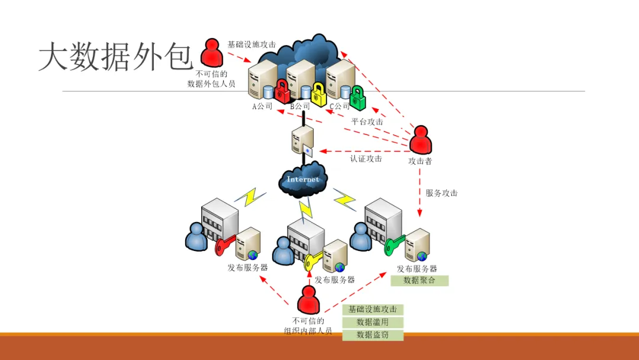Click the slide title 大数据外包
click(116, 57)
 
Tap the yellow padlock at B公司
click(319, 95)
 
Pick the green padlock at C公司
click(357, 97)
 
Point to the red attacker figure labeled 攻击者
click(421, 141)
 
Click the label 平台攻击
click(367, 122)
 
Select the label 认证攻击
click(366, 159)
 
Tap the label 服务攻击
click(441, 193)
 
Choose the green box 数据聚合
click(419, 281)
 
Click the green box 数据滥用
click(373, 323)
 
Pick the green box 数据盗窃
click(373, 336)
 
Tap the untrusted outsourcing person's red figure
click(211, 53)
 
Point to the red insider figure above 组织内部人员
click(308, 300)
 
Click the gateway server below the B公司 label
click(302, 142)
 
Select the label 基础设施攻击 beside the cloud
click(251, 44)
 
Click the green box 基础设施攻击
click(373, 310)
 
